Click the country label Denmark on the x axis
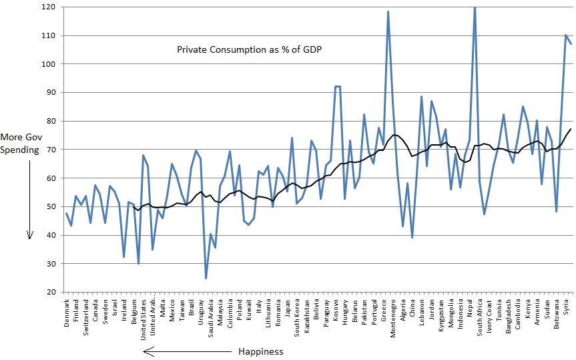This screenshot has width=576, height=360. pos(67,312)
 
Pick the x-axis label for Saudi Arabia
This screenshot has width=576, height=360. pos(211,317)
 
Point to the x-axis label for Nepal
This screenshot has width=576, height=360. pos(470,308)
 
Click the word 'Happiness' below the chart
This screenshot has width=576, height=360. pos(260,351)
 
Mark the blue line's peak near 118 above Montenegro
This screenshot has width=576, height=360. pos(388,12)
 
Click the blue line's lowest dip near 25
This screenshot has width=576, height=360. pos(206,278)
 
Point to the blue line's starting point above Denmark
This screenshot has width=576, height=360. pos(66,213)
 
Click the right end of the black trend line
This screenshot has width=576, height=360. pos(571,129)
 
